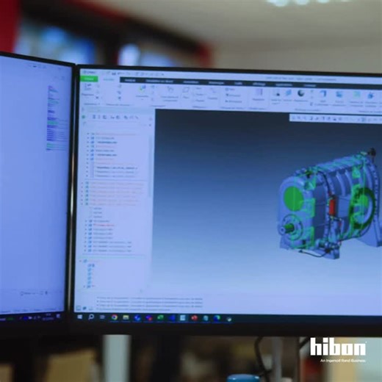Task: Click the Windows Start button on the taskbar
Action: (80, 317)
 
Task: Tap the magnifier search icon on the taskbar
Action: (91, 317)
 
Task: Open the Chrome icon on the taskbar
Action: (114, 317)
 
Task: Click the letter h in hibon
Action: (315, 347)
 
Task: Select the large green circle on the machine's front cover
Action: (293, 198)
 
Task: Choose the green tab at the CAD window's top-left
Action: (89, 79)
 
